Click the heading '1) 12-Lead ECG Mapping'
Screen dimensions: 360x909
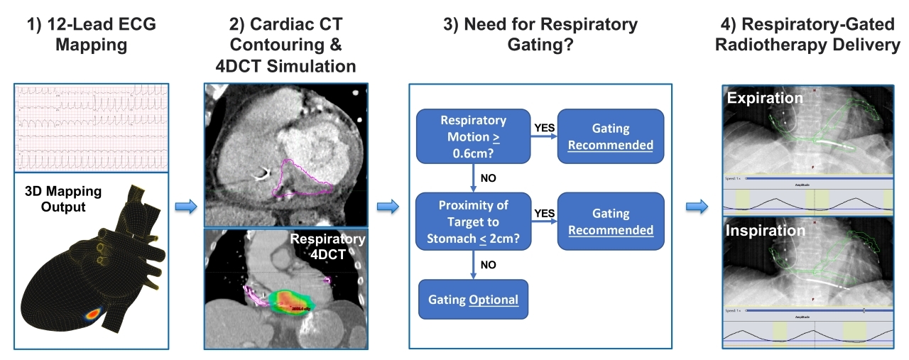click(x=90, y=35)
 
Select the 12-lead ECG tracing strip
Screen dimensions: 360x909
click(x=91, y=127)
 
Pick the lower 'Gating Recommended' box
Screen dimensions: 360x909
click(x=611, y=222)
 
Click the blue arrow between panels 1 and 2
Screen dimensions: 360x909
click(x=185, y=206)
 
